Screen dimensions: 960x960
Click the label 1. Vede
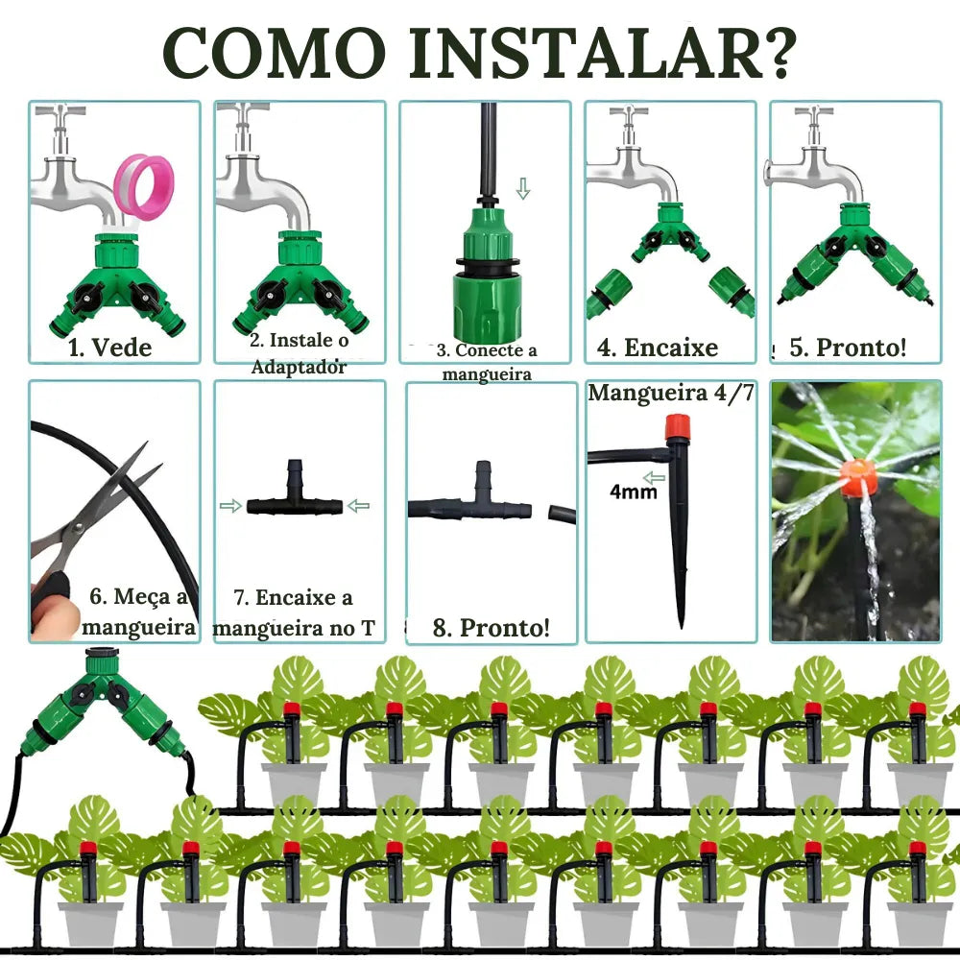110,347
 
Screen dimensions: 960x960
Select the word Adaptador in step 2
299,366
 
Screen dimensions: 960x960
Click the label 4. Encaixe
658,348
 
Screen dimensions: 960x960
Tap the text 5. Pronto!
848,347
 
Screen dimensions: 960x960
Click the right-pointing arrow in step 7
230,505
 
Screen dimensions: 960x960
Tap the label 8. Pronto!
492,628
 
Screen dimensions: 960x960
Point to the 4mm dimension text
633,492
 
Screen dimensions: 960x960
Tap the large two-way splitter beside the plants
101,708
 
